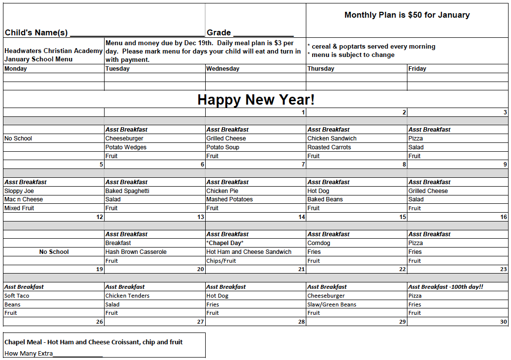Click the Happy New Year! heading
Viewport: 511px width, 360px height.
[256, 100]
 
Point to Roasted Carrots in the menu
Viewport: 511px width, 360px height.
[329, 147]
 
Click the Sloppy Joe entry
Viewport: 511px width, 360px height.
[19, 191]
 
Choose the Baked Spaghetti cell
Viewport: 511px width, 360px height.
[127, 191]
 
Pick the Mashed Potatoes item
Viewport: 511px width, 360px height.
[229, 199]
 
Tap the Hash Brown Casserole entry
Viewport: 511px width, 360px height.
[136, 252]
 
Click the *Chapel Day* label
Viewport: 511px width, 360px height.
[225, 243]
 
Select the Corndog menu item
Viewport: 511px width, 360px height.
[319, 243]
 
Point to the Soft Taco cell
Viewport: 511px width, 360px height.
[17, 296]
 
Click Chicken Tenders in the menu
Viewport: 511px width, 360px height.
[127, 296]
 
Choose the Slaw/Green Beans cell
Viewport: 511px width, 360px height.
[332, 305]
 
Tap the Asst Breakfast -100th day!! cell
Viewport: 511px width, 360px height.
[446, 287]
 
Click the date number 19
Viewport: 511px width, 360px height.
[100, 269]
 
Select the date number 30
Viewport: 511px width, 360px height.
[503, 322]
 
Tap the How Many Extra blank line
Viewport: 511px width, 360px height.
[78, 354]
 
